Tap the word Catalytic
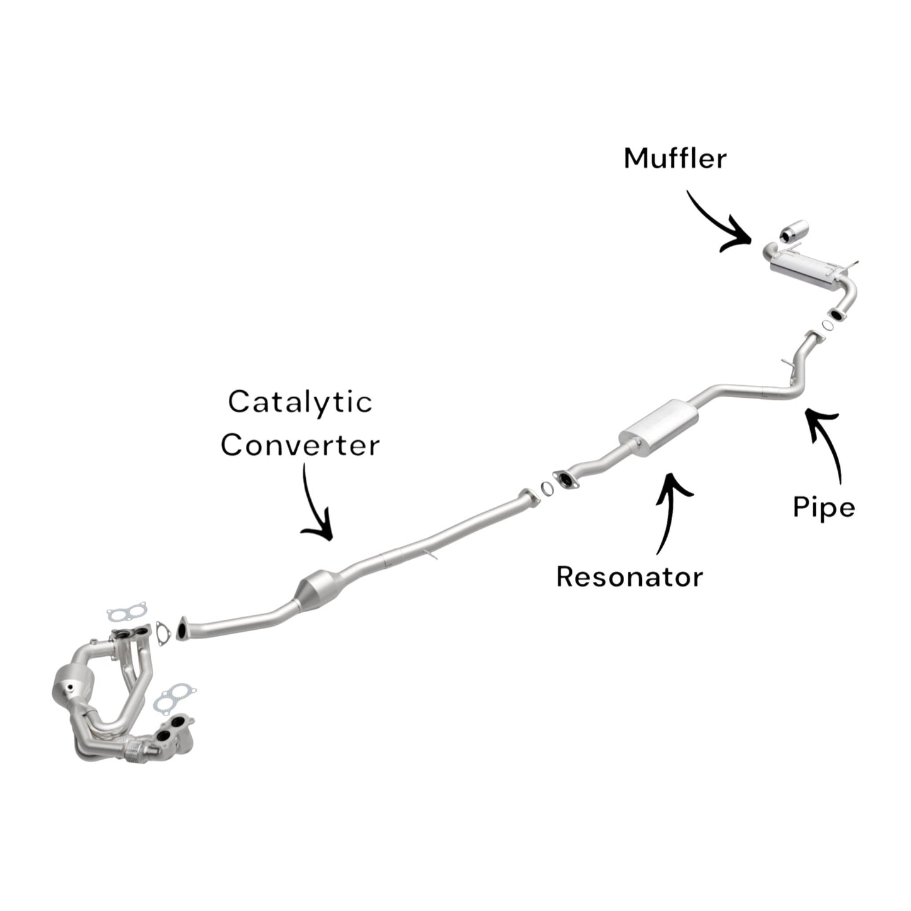coord(300,403)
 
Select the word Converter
coord(300,445)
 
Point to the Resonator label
coord(629,576)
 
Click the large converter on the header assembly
coord(74,684)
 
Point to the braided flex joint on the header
coord(134,751)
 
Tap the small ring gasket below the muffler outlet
coord(825,325)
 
